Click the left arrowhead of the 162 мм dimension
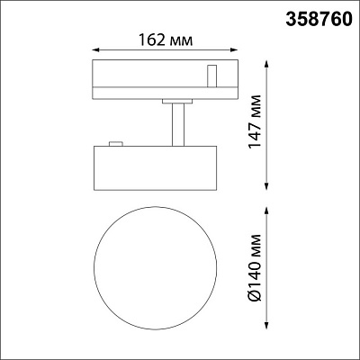[x=95, y=52]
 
